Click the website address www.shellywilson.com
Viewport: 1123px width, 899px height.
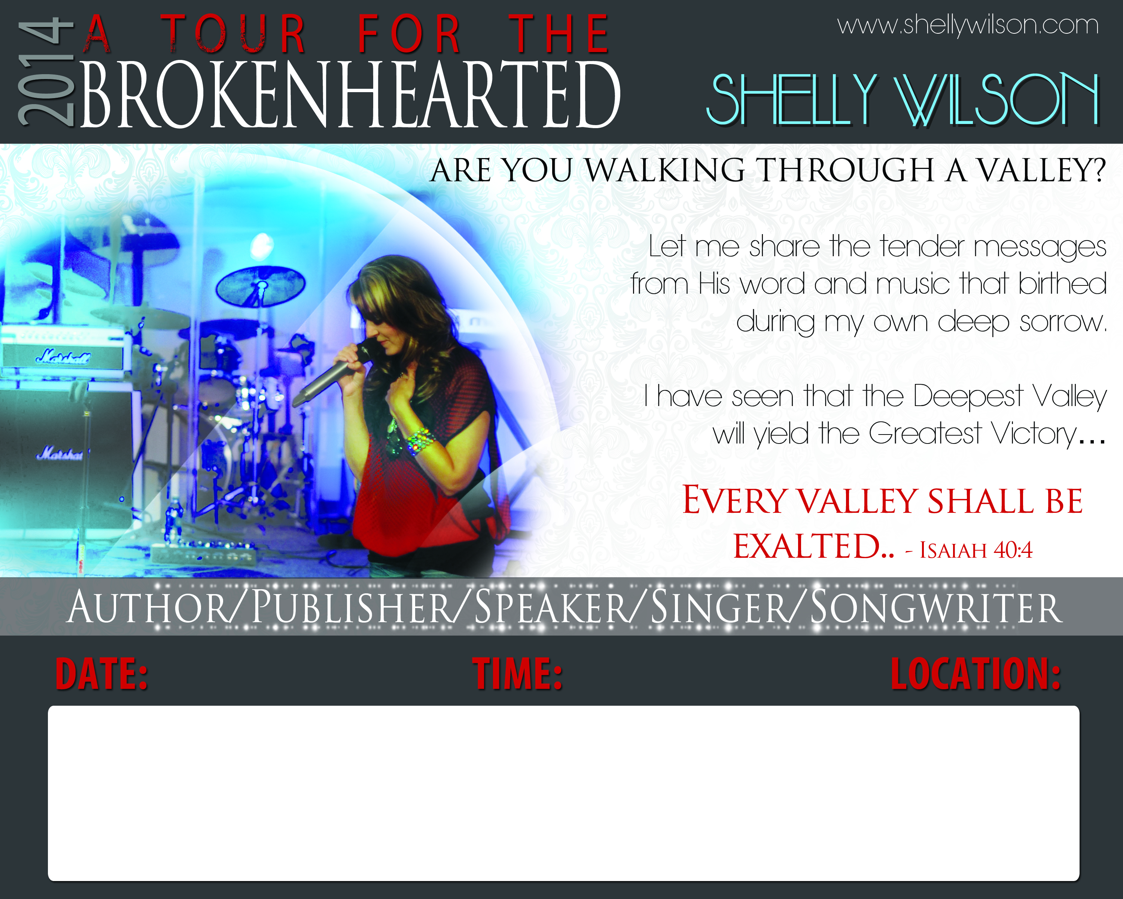(x=968, y=25)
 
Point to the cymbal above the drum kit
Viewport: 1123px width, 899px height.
(x=261, y=285)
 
